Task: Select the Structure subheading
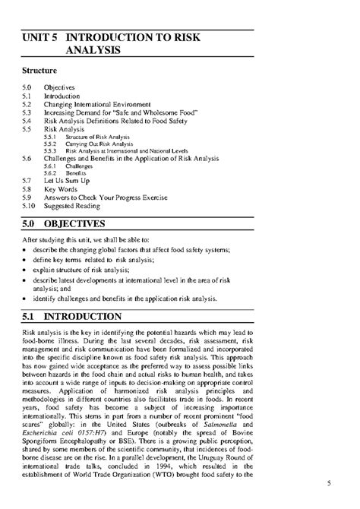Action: click(x=43, y=72)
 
